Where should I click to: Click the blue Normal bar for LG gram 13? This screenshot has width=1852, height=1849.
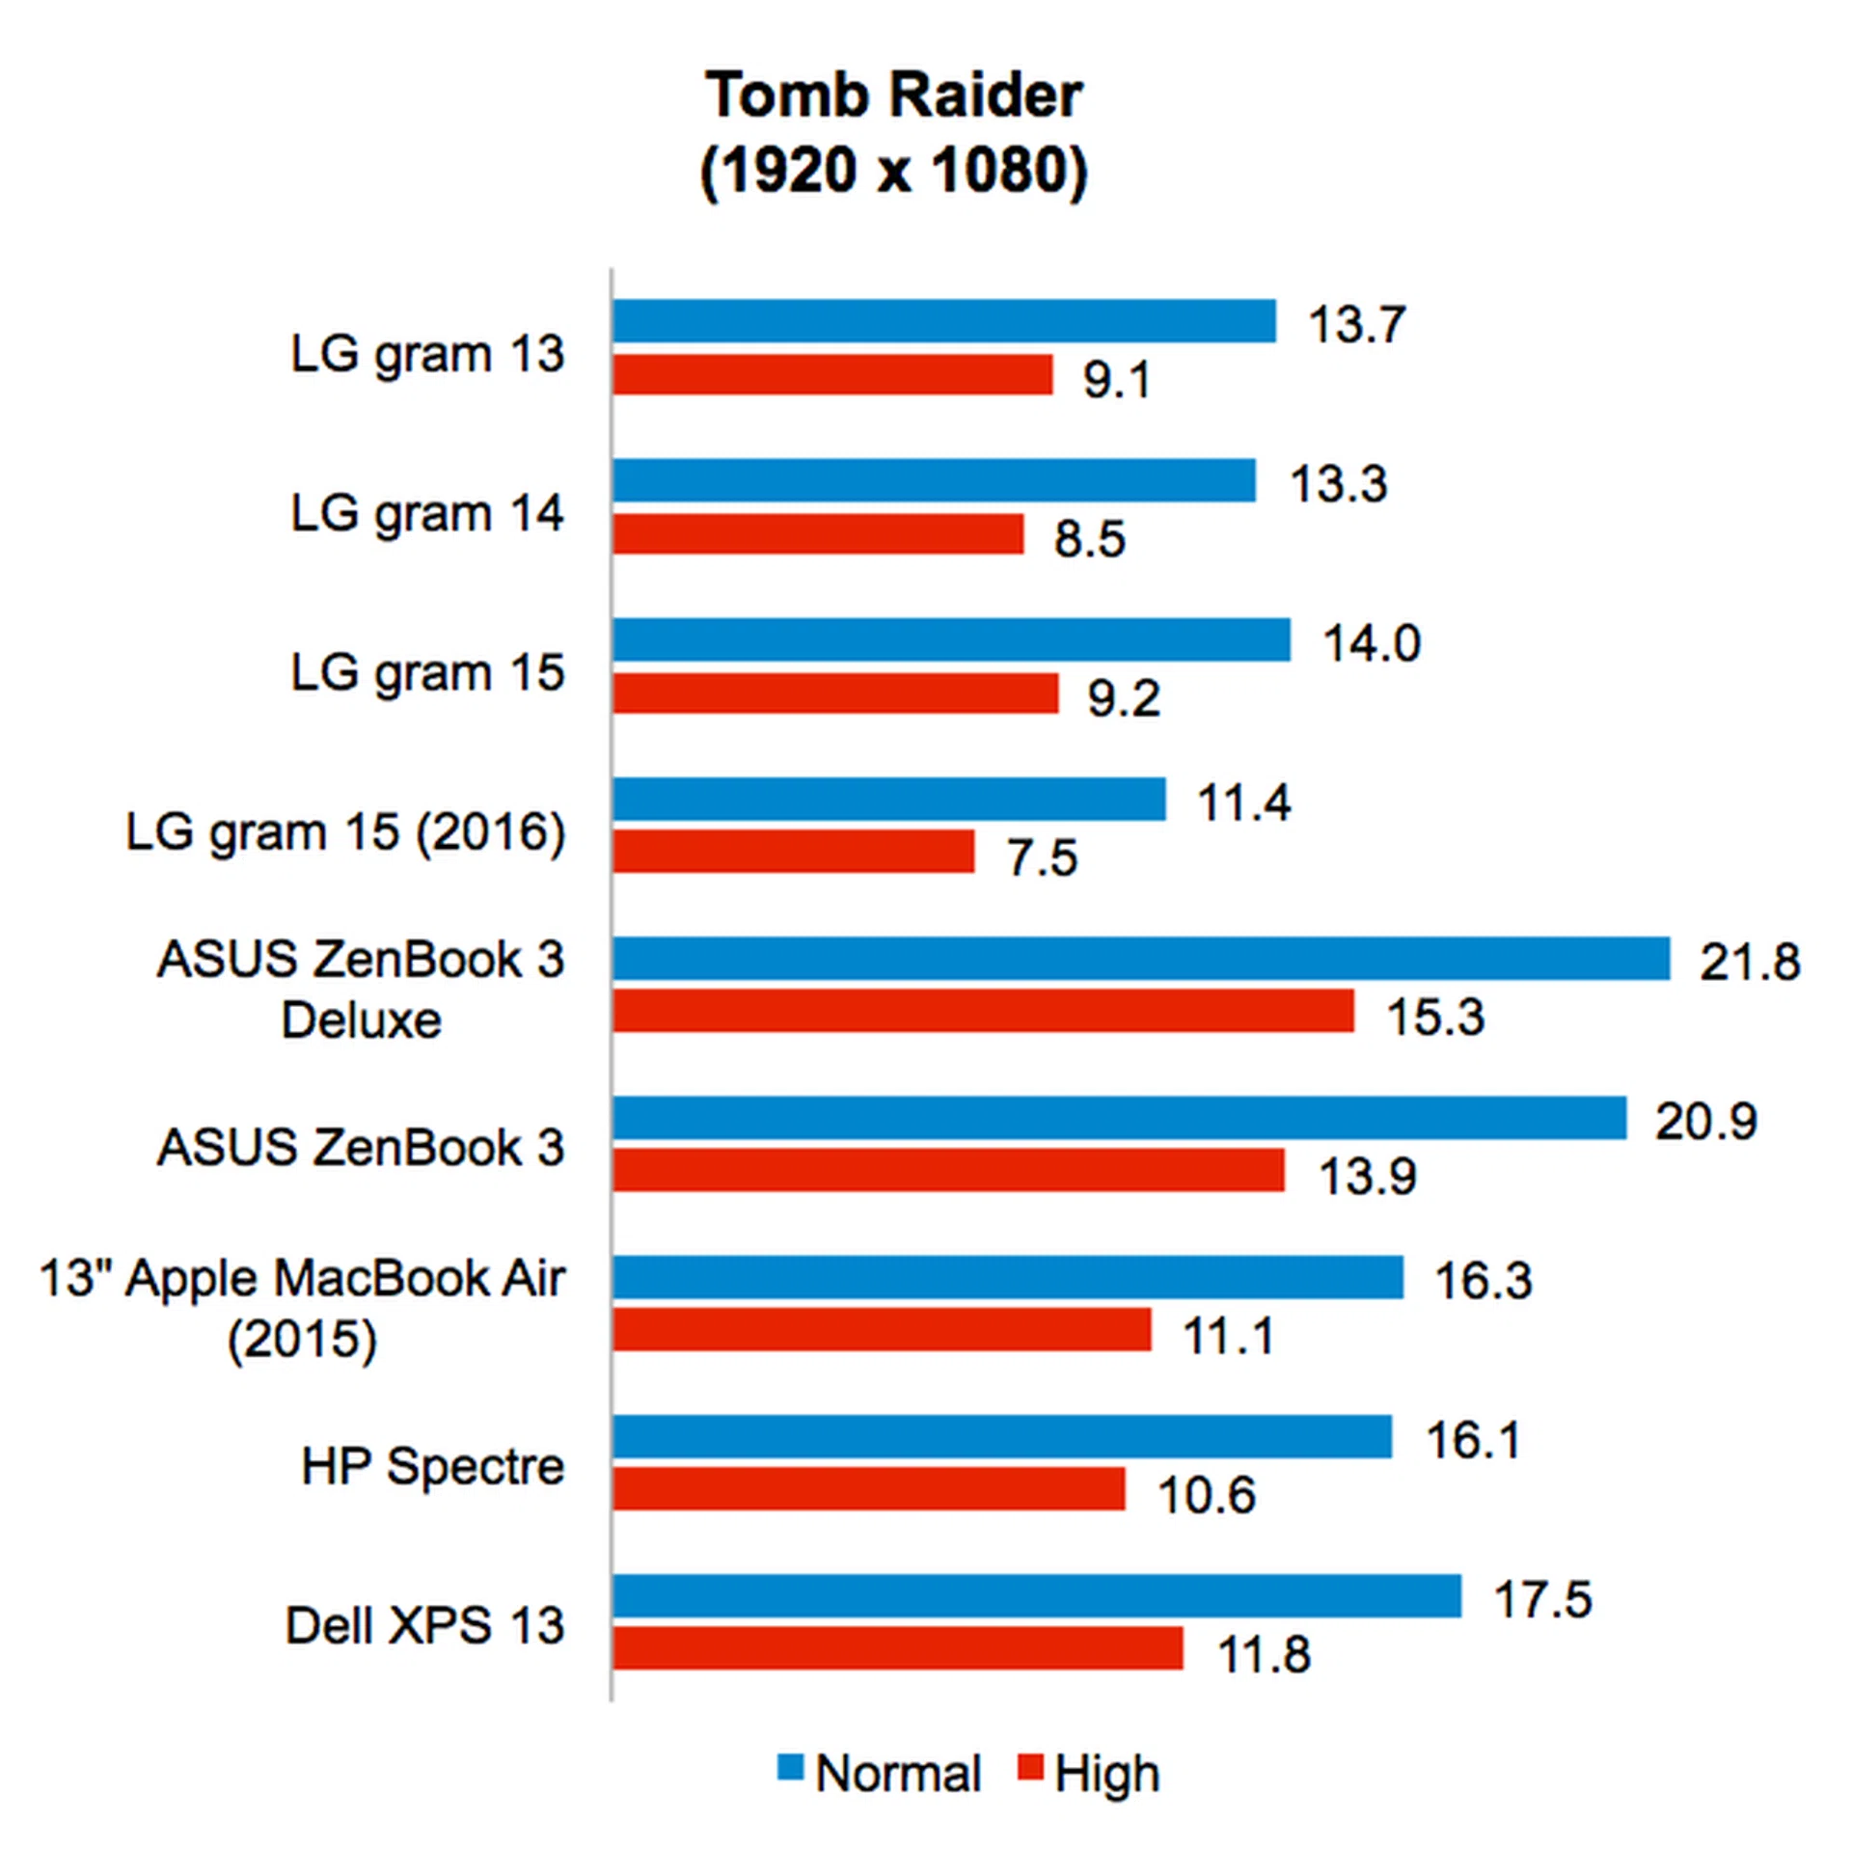[943, 320]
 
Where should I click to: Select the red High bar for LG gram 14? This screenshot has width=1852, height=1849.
[817, 533]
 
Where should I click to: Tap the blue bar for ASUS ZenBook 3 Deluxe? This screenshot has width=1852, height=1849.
[1140, 958]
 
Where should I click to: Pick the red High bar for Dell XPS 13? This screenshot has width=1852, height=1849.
[897, 1647]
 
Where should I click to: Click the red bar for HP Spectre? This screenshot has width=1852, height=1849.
[868, 1488]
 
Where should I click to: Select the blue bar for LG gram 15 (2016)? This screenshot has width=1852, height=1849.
[888, 799]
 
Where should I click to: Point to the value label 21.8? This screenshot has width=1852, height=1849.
[1749, 962]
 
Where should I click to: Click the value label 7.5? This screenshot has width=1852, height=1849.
[1042, 857]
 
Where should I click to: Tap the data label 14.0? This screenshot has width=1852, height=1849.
[1371, 643]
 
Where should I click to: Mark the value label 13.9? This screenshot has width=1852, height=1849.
[1367, 1176]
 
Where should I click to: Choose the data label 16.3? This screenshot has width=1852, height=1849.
[1483, 1281]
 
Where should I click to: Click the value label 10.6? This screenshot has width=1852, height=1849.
[1206, 1495]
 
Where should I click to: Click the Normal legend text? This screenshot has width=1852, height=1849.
[898, 1773]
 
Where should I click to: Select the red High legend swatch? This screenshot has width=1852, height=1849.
[1031, 1768]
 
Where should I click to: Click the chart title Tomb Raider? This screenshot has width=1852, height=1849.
[894, 95]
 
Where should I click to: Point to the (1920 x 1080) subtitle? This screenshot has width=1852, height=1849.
[894, 172]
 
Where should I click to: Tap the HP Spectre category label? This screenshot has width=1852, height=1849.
[432, 1466]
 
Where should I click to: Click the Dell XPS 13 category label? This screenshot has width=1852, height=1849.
[424, 1625]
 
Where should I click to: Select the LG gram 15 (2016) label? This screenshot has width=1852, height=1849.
[345, 831]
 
